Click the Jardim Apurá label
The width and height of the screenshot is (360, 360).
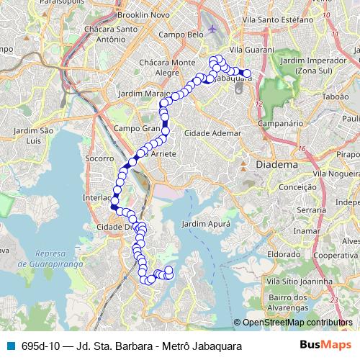pos(204,225)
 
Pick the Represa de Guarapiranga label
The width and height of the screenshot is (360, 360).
pos(64,259)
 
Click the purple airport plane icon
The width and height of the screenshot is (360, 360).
pos(212,30)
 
